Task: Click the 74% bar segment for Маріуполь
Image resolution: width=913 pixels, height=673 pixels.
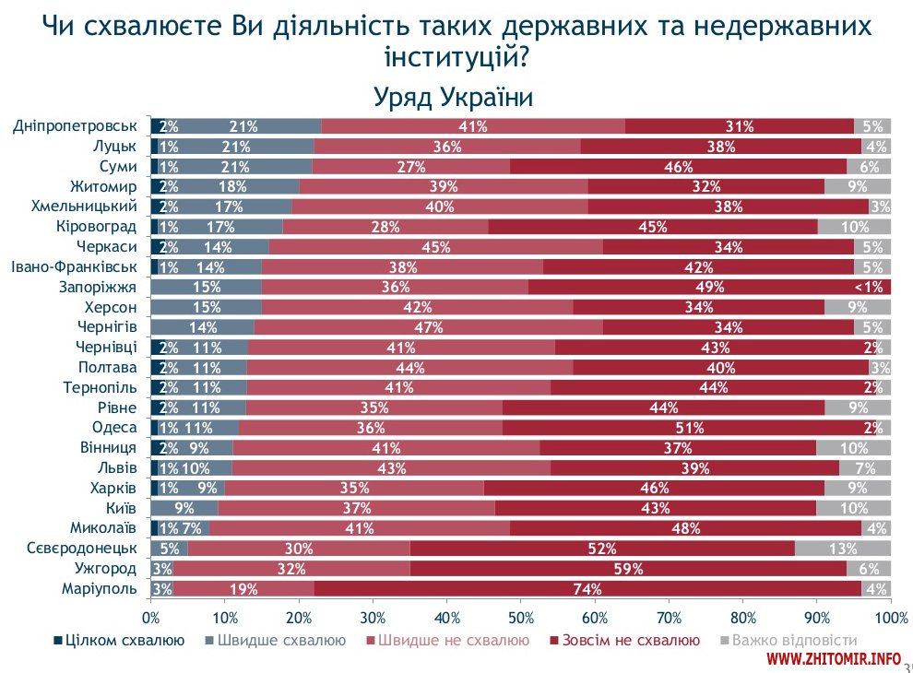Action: tap(588, 589)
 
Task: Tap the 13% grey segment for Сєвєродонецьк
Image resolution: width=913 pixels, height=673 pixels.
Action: tap(843, 549)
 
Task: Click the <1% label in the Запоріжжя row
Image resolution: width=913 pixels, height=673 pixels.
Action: tap(871, 288)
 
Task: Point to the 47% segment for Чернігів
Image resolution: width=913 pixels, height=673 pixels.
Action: tap(429, 327)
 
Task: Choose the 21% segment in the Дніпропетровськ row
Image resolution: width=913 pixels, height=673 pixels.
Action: tap(243, 127)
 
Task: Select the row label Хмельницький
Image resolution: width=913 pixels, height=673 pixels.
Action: tap(84, 207)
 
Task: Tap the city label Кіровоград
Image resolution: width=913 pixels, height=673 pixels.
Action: tap(97, 227)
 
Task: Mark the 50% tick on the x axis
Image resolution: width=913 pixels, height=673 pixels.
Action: tap(521, 617)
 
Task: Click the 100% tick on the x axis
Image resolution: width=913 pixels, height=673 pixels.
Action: tap(891, 617)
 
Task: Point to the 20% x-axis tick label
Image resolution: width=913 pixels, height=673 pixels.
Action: tap(299, 617)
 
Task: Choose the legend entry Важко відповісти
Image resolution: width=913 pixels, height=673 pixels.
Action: tap(795, 640)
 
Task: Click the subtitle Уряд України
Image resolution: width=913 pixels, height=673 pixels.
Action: tap(454, 97)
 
